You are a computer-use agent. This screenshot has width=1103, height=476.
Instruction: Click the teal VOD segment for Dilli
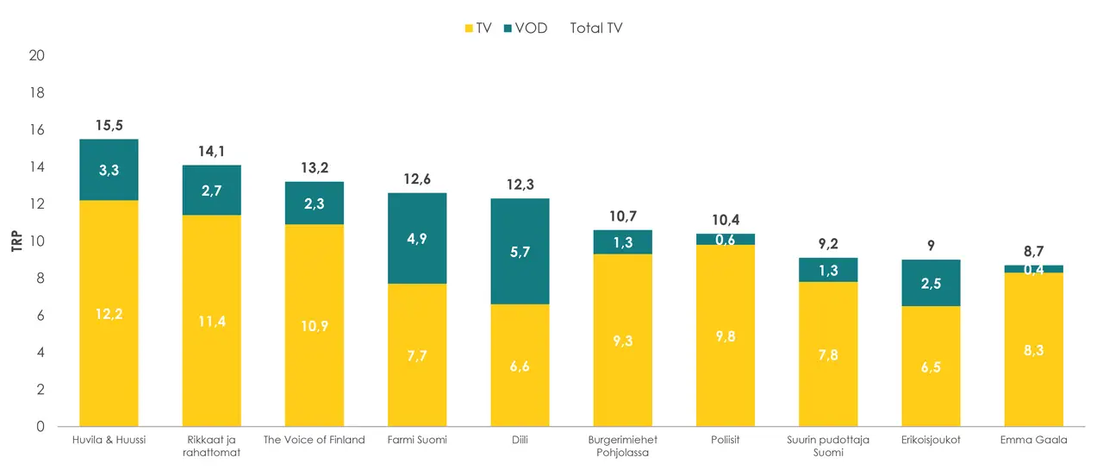520,251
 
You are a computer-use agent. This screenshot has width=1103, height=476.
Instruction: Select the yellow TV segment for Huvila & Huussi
109,313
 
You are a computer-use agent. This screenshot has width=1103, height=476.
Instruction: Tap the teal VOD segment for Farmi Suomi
417,238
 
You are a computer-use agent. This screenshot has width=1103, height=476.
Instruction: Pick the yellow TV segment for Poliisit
726,335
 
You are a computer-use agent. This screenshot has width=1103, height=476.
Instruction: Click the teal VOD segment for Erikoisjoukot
931,283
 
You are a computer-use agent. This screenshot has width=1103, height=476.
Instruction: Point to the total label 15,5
109,126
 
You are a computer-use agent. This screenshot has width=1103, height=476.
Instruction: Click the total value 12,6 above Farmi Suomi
417,179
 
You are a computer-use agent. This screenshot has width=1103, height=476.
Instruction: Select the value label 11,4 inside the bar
211,322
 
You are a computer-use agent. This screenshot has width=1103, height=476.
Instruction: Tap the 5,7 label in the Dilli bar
520,252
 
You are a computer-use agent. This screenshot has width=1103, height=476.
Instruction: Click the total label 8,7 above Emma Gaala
1034,252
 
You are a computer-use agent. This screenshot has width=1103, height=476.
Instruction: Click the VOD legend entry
524,28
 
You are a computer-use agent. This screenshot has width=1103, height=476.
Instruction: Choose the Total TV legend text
596,28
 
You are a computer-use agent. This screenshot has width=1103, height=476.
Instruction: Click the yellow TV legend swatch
470,28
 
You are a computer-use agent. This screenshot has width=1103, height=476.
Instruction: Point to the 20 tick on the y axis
37,55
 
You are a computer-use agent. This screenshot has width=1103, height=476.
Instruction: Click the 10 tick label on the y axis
37,241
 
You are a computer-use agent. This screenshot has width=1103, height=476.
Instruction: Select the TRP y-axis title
16,241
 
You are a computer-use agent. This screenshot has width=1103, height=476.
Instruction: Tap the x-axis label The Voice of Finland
314,440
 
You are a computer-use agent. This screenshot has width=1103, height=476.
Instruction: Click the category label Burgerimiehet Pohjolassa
622,446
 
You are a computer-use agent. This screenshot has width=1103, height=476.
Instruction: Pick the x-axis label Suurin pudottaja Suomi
828,446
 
